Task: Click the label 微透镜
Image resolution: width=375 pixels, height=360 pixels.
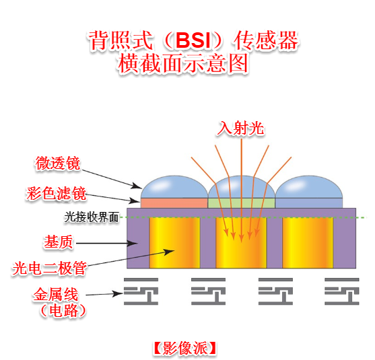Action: point(58,164)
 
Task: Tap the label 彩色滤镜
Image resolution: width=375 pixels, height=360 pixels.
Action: point(56,193)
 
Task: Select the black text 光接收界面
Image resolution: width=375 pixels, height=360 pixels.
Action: point(92,217)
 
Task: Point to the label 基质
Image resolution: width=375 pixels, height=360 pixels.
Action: point(59,242)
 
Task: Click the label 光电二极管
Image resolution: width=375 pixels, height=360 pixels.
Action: point(50,268)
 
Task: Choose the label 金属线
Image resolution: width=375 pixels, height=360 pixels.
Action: point(56,294)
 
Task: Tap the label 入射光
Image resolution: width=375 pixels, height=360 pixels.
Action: point(240,128)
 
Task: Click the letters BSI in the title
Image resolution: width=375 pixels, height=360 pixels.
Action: point(193,40)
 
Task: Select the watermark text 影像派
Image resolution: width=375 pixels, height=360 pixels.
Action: point(185,348)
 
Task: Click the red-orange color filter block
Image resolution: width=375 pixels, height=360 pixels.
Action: point(174,203)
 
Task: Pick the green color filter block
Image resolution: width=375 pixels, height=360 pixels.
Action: point(241,203)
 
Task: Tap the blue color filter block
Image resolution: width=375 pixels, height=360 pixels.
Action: point(309,203)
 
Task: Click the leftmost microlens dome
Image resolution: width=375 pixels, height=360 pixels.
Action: point(174,187)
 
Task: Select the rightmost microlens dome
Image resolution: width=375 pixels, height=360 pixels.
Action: point(309,187)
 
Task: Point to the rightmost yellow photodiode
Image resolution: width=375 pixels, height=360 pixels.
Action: point(308,243)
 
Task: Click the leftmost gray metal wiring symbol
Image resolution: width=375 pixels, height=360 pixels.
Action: point(141,291)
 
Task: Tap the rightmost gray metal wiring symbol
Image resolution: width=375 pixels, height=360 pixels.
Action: point(342,291)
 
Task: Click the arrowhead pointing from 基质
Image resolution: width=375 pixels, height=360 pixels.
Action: point(132,244)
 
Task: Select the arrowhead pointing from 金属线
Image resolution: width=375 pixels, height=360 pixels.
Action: point(118,293)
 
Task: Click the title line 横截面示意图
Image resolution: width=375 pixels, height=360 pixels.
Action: point(183,63)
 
